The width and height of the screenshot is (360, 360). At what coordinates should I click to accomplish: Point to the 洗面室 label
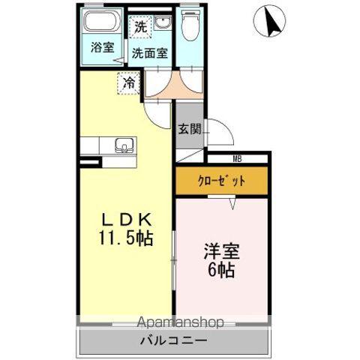click(150, 53)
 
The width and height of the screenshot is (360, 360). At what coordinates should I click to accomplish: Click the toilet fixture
click(190, 28)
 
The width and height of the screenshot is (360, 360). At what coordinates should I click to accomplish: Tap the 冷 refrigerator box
click(129, 82)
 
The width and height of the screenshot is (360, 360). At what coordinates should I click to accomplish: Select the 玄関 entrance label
click(188, 128)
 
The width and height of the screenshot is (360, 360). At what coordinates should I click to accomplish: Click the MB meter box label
click(237, 158)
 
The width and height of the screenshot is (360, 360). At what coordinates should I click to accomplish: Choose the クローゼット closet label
click(221, 180)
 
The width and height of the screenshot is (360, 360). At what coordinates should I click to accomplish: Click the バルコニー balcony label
click(173, 342)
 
